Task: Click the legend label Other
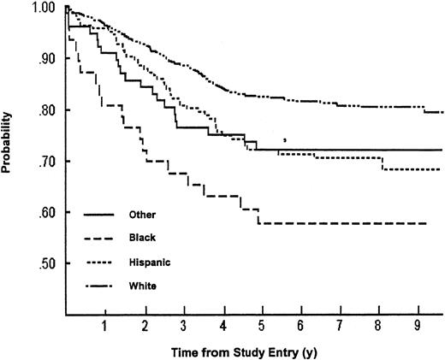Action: (141, 214)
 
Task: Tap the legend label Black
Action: (141, 237)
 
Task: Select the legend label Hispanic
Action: (147, 261)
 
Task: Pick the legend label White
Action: (141, 284)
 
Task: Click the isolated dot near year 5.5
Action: (285, 139)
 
